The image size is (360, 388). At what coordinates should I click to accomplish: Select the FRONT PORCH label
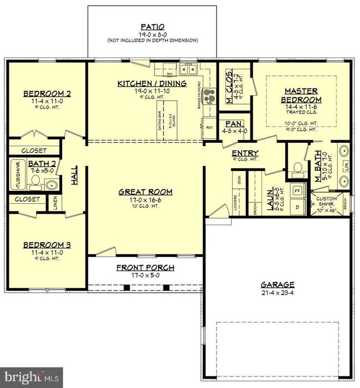click(145, 267)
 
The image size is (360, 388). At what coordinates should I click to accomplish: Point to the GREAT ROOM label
click(146, 192)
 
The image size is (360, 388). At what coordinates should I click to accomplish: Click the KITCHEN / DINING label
click(152, 84)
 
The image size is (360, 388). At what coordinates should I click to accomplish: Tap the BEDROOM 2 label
click(47, 94)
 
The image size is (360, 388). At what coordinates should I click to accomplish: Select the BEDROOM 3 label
click(47, 245)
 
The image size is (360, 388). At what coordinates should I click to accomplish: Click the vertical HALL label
click(74, 177)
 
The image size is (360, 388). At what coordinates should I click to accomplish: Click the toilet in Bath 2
click(50, 184)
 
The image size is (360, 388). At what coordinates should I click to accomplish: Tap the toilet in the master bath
click(296, 168)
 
